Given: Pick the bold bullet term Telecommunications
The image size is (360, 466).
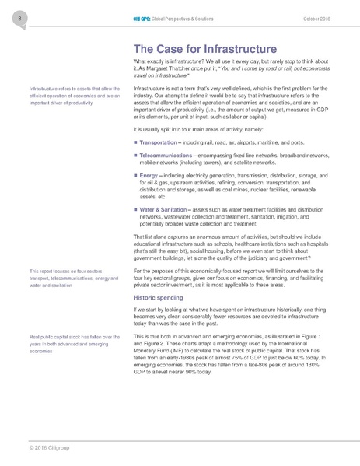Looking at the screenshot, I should point(169,156).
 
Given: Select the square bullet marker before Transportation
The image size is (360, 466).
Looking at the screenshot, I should point(136,143).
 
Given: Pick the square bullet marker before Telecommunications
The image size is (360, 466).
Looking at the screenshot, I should point(136,156).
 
